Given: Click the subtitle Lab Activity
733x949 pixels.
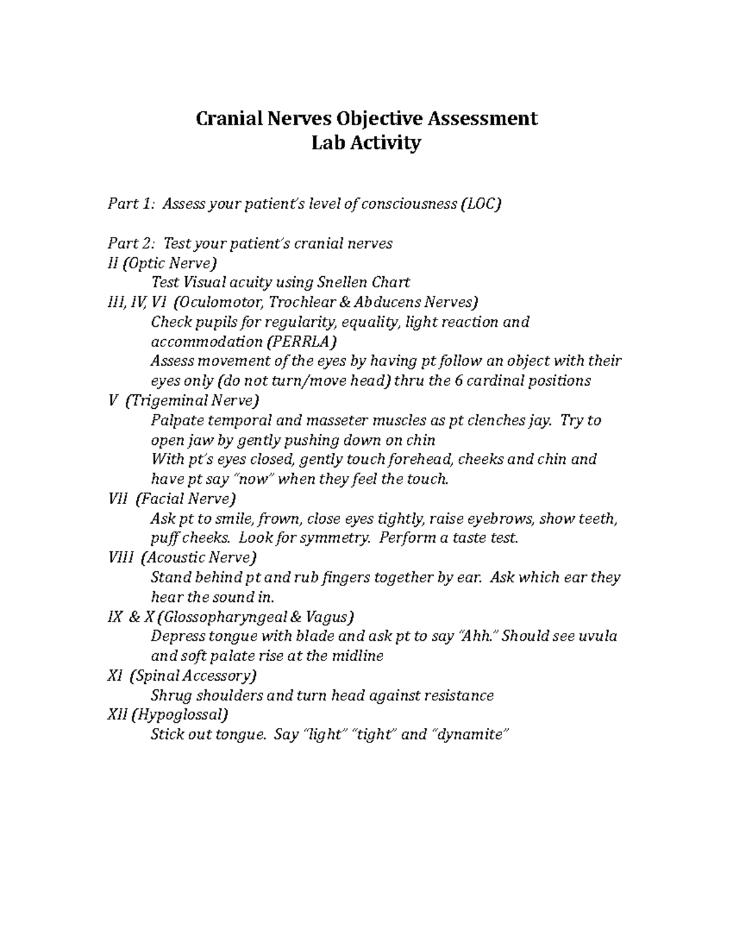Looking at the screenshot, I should [366, 143].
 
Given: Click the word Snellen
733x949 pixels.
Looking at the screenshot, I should [341, 282].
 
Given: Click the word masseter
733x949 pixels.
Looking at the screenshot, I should [324, 420].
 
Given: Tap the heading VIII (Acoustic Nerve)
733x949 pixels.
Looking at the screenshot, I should [181, 557].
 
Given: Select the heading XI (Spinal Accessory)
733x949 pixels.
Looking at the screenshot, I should [181, 676].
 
